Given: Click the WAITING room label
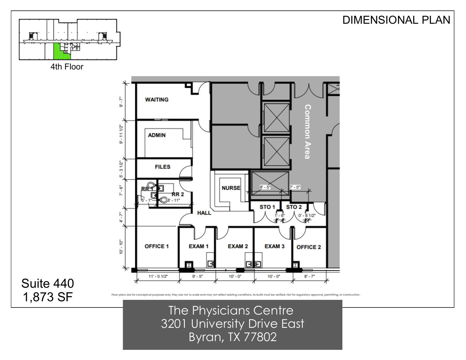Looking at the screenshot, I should (x=157, y=100).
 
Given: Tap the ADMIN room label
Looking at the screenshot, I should (x=157, y=135).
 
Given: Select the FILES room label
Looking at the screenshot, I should (x=163, y=167).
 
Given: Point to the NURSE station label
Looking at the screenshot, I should (x=231, y=188).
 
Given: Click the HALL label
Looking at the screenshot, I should (x=204, y=213).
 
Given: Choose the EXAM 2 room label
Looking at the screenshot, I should (x=238, y=246).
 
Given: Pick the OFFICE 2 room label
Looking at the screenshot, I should (x=309, y=247).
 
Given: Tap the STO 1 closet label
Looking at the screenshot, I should (x=267, y=207).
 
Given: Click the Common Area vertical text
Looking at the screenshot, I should (x=308, y=132).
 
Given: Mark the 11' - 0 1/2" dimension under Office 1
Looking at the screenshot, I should (x=158, y=276).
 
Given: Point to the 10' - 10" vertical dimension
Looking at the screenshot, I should (x=121, y=247).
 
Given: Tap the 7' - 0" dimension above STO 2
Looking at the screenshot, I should (x=295, y=187).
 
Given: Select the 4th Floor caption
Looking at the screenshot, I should (x=67, y=67).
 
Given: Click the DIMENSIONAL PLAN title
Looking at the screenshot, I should (x=396, y=20).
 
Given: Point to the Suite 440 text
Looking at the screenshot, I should (x=48, y=283).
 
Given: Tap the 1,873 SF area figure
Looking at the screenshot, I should (x=48, y=297).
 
